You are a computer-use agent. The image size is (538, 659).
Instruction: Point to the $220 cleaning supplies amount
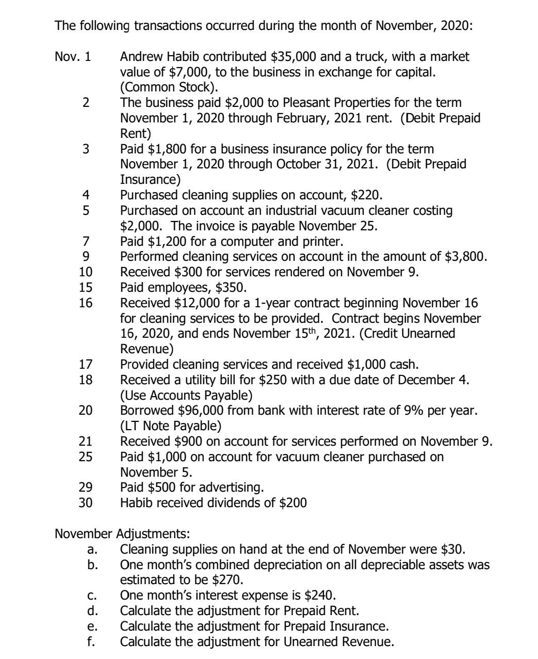point(366,195)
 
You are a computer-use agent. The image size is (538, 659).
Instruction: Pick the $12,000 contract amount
point(188,303)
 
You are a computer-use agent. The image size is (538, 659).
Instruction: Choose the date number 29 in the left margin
point(86,488)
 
